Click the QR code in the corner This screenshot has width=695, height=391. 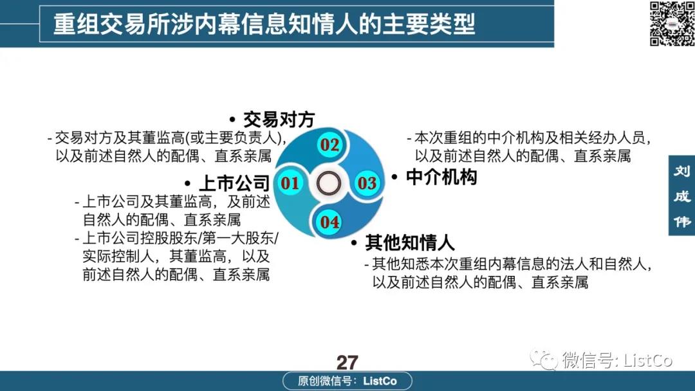point(672,23)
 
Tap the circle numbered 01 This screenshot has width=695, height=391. point(290,183)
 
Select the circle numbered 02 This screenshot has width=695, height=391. point(329,145)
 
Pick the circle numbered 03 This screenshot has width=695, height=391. point(367,183)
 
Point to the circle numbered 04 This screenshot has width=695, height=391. point(329,221)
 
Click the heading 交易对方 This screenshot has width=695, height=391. point(279,120)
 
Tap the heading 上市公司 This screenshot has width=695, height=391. point(234,183)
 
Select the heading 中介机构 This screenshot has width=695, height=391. point(441,177)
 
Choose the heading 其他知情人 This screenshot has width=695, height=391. point(410,242)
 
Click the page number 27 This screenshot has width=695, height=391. point(347,363)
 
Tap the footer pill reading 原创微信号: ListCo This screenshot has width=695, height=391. point(347,381)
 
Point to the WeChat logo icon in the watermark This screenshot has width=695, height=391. point(544,359)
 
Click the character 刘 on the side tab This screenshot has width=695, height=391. point(682,171)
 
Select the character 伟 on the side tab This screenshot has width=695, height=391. point(682,221)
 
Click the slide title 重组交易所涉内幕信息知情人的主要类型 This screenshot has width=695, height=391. point(264,24)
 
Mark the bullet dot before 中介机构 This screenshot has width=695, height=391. point(394,177)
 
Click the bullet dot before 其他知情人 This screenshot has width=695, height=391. point(354,242)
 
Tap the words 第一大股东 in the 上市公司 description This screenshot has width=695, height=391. point(239,238)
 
